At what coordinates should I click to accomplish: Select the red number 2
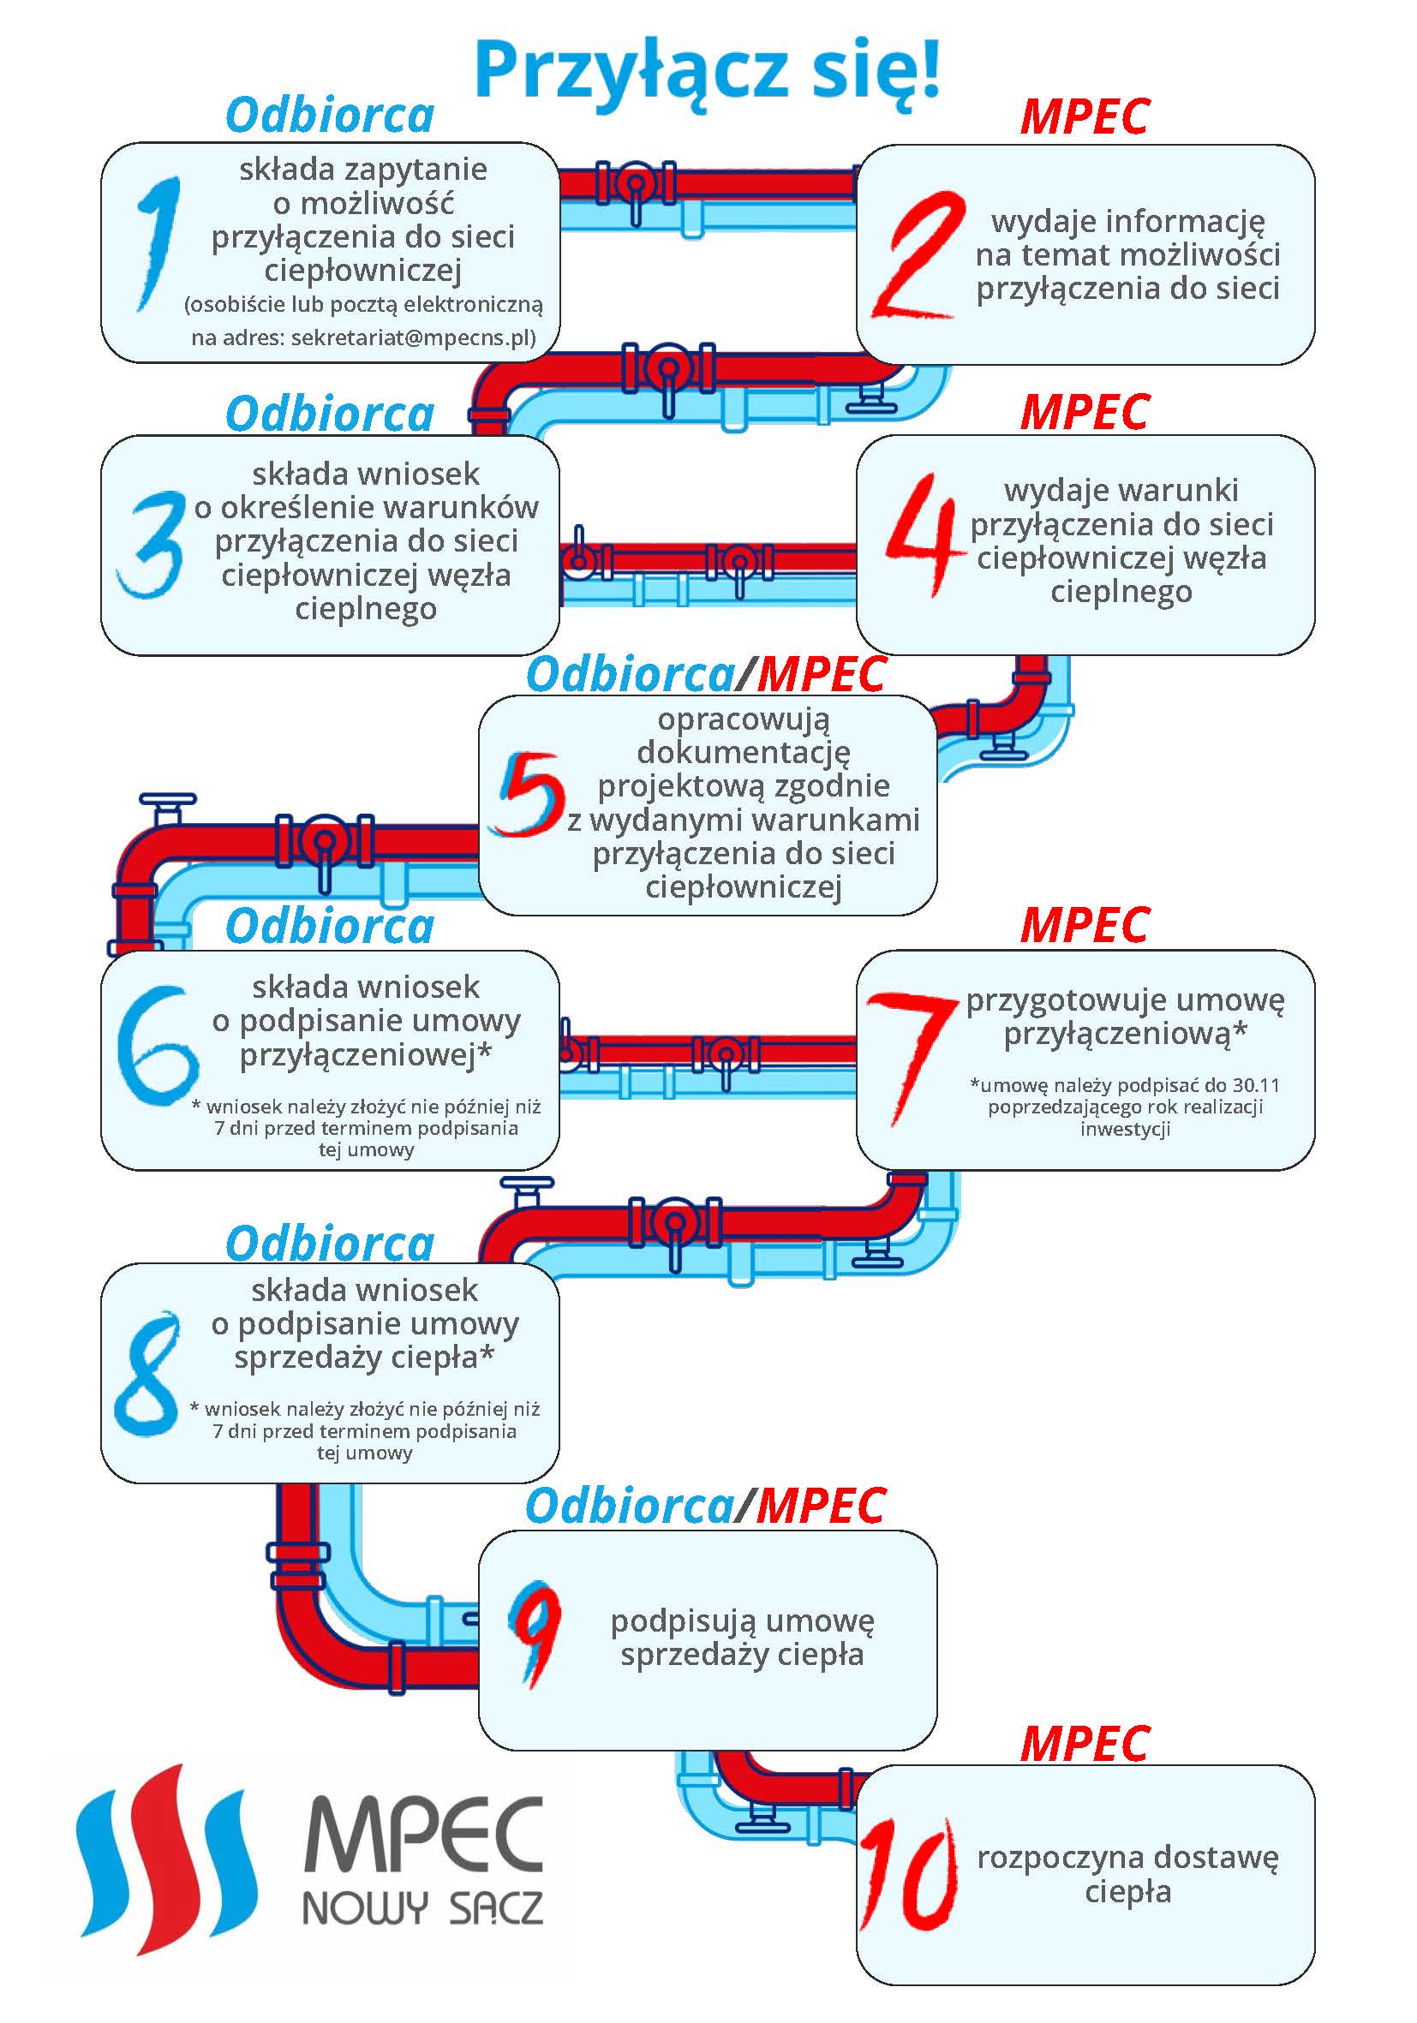(916, 254)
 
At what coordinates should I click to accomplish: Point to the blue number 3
(150, 545)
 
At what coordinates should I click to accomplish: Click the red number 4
(922, 534)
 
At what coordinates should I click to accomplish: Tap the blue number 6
(157, 1045)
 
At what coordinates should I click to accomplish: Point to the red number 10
(908, 1874)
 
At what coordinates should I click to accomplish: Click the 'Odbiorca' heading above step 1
(331, 116)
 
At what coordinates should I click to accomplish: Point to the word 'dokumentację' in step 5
(744, 753)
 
